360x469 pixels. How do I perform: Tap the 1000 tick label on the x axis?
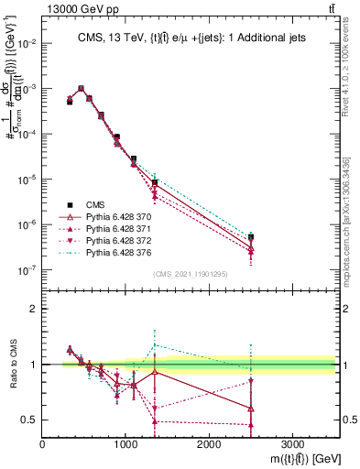pos(125,442)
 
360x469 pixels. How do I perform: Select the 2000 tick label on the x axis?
pos(209,442)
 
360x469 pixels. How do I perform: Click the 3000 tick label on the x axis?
pos(292,442)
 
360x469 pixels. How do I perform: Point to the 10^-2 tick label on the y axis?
pos(28,43)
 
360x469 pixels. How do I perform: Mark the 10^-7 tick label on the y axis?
pos(28,270)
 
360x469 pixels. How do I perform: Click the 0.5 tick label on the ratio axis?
pos(30,420)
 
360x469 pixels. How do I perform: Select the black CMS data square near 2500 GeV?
pos(251,237)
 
